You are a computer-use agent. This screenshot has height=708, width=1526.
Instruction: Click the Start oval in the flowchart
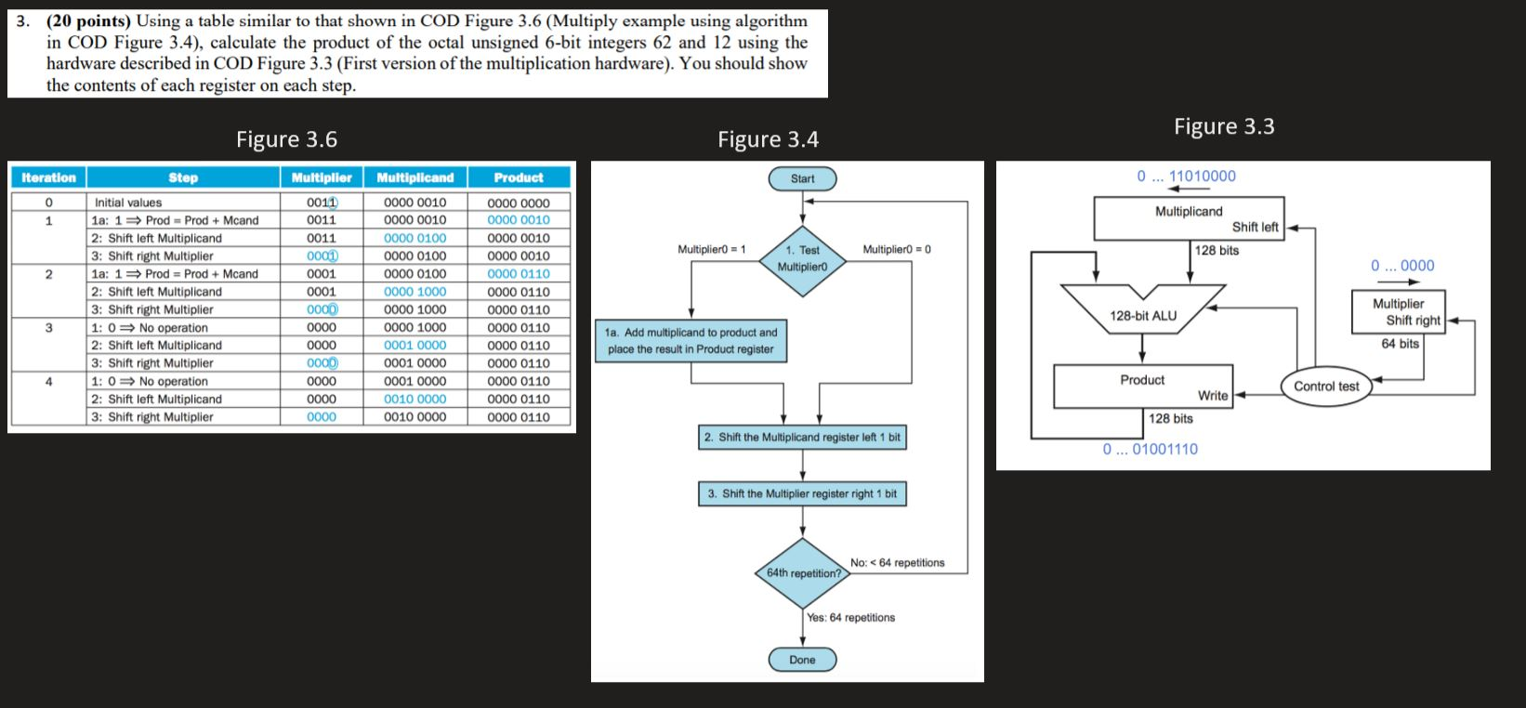click(x=802, y=178)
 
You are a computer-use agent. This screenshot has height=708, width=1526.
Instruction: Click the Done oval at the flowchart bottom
click(x=802, y=660)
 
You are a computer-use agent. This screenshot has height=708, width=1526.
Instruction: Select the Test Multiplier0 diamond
click(x=802, y=257)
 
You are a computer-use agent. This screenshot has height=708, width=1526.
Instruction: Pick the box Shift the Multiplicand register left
click(x=802, y=437)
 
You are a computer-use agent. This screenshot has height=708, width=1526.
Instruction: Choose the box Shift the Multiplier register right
click(x=802, y=493)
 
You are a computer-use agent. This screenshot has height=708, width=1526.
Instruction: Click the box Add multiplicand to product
click(x=691, y=341)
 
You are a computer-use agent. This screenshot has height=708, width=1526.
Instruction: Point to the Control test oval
click(x=1326, y=387)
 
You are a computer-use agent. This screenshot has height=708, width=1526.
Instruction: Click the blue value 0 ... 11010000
click(x=1187, y=176)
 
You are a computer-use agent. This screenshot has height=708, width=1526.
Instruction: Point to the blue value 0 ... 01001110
click(x=1150, y=449)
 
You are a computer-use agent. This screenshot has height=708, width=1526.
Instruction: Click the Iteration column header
click(x=48, y=177)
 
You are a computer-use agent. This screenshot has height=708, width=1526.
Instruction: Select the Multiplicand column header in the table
click(x=415, y=177)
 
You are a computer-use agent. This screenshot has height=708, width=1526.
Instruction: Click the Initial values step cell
click(x=128, y=203)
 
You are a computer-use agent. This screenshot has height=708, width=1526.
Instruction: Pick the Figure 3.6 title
click(x=286, y=139)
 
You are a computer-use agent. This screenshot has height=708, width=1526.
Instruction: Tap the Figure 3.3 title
click(x=1224, y=126)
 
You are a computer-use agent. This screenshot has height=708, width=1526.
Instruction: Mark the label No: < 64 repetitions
click(x=897, y=563)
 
